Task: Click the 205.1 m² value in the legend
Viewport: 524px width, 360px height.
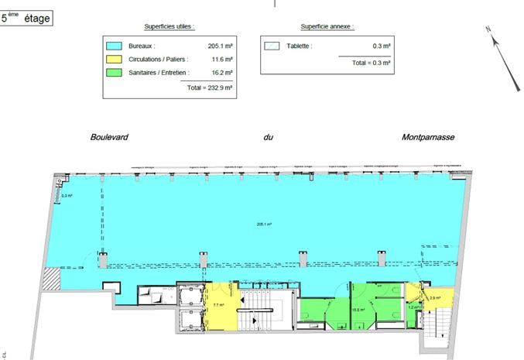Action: (x=221, y=46)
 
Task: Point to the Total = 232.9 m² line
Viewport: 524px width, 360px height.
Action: (x=210, y=87)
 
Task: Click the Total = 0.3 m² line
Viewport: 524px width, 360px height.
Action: (x=370, y=61)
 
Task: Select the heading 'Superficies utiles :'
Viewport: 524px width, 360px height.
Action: (x=170, y=26)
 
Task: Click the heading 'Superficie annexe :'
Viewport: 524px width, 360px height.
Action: (x=326, y=26)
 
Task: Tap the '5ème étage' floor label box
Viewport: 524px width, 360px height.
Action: (x=27, y=17)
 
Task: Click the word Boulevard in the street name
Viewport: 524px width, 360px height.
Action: (x=109, y=137)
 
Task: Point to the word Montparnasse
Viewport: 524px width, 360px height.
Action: (x=428, y=137)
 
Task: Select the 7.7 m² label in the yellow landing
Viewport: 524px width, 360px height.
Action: (x=217, y=305)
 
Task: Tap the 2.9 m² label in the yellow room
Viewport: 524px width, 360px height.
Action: (x=435, y=297)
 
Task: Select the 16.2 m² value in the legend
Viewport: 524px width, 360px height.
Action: (x=221, y=73)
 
